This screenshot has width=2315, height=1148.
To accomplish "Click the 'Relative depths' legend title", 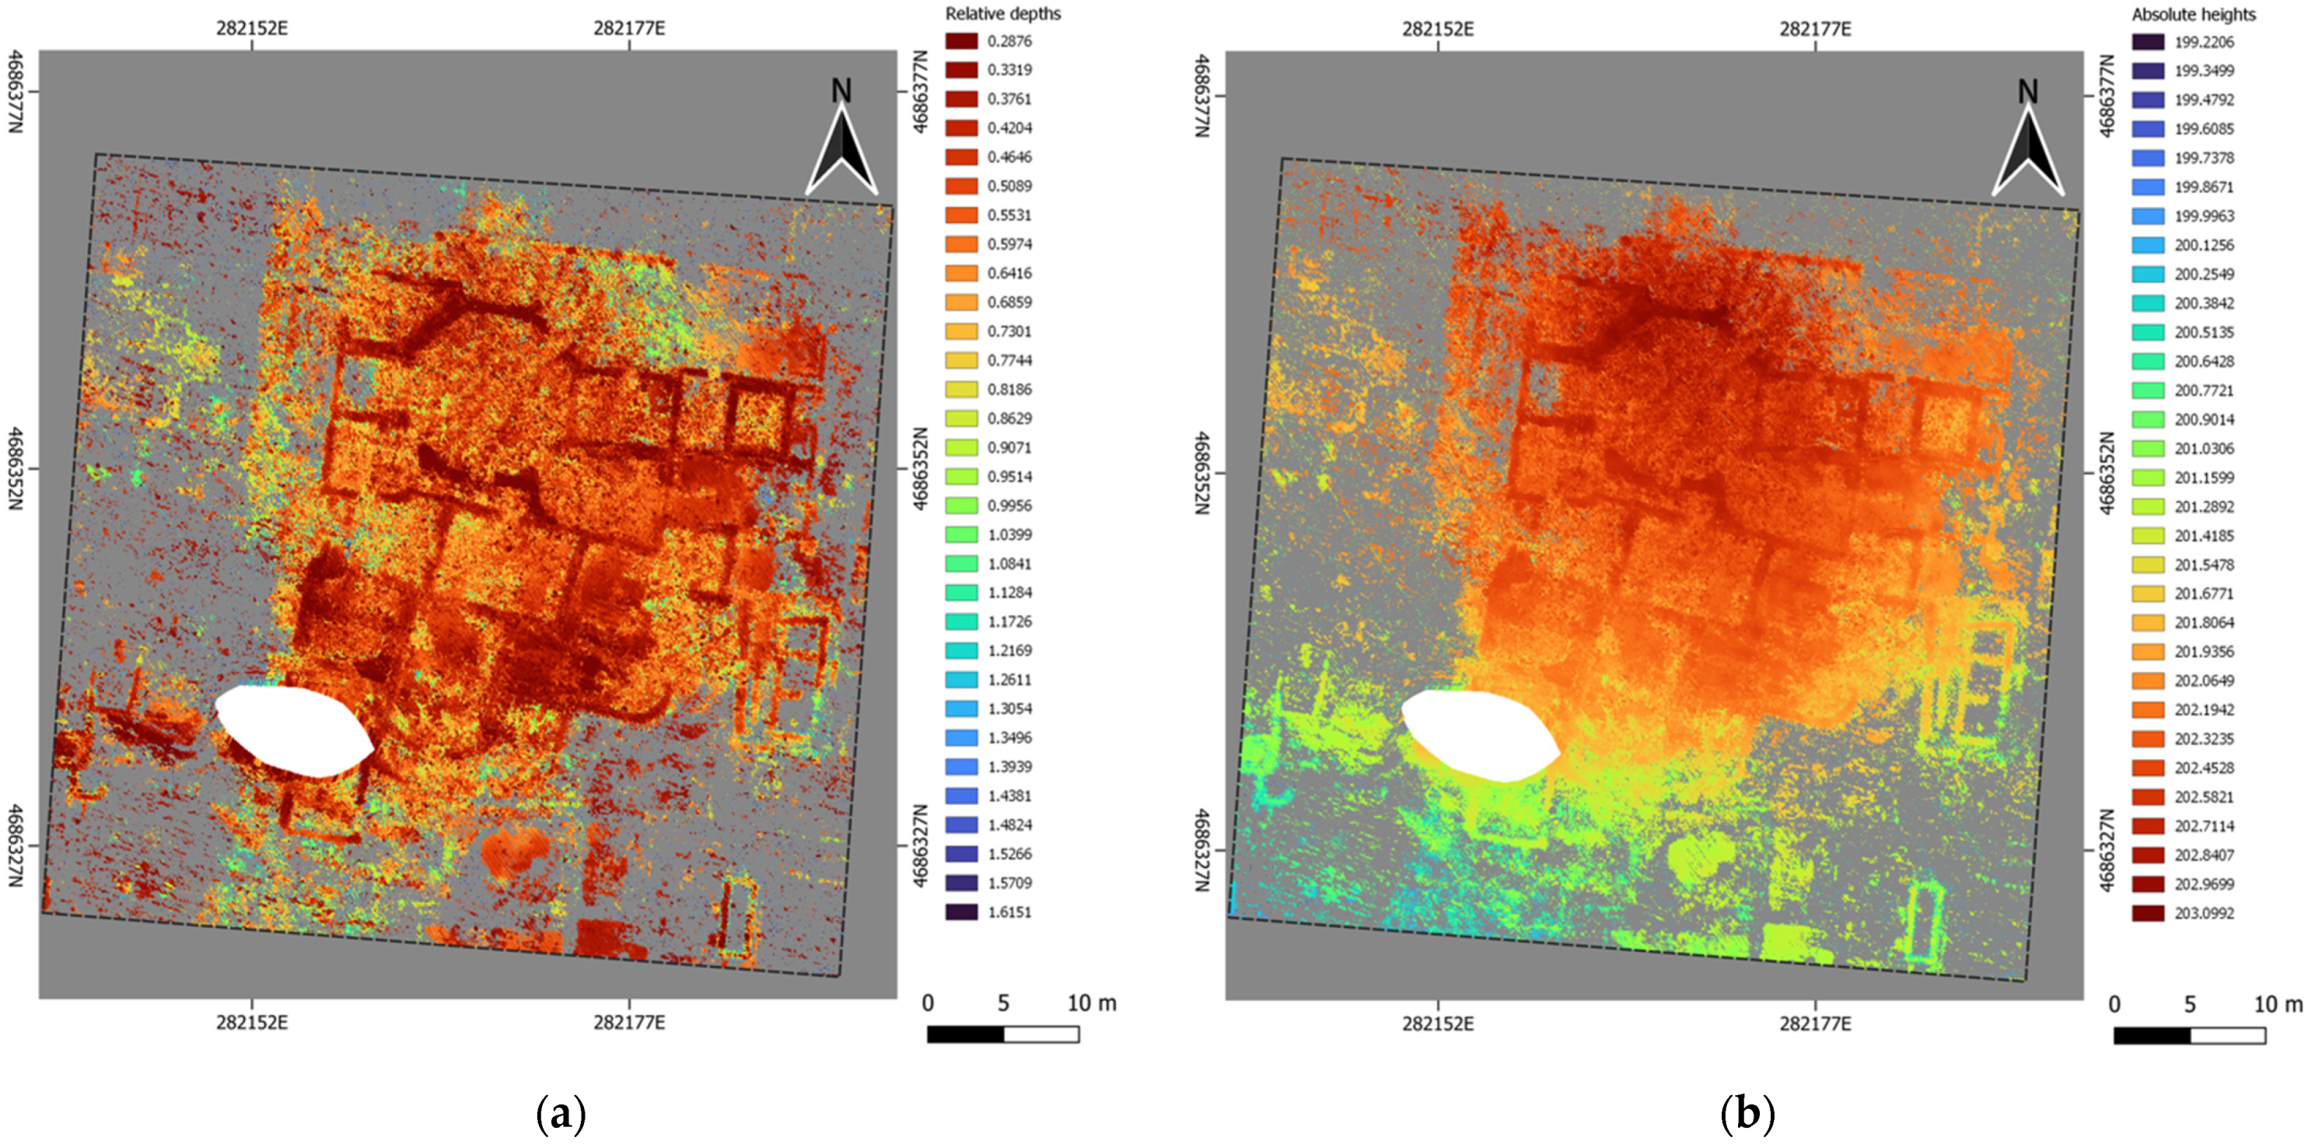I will tap(1002, 13).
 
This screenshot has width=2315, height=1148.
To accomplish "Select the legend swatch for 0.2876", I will tap(960, 41).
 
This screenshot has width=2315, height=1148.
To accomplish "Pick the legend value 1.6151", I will tap(1009, 912).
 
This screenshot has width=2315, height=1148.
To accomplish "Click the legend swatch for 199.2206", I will tap(2148, 42).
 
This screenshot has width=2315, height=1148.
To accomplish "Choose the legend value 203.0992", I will tap(2204, 913).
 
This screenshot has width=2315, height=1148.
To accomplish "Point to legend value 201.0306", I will tap(2204, 449).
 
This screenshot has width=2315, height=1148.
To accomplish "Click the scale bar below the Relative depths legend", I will tap(1002, 1034).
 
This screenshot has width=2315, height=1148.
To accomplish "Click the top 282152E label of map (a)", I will tap(252, 28).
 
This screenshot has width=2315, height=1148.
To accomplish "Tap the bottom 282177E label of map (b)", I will tap(1815, 1023).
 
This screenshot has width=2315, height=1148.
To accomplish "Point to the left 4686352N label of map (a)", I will tap(16, 467).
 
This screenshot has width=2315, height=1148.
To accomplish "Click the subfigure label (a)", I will tap(561, 1115).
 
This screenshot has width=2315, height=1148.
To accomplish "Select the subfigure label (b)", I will tap(1747, 1115).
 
